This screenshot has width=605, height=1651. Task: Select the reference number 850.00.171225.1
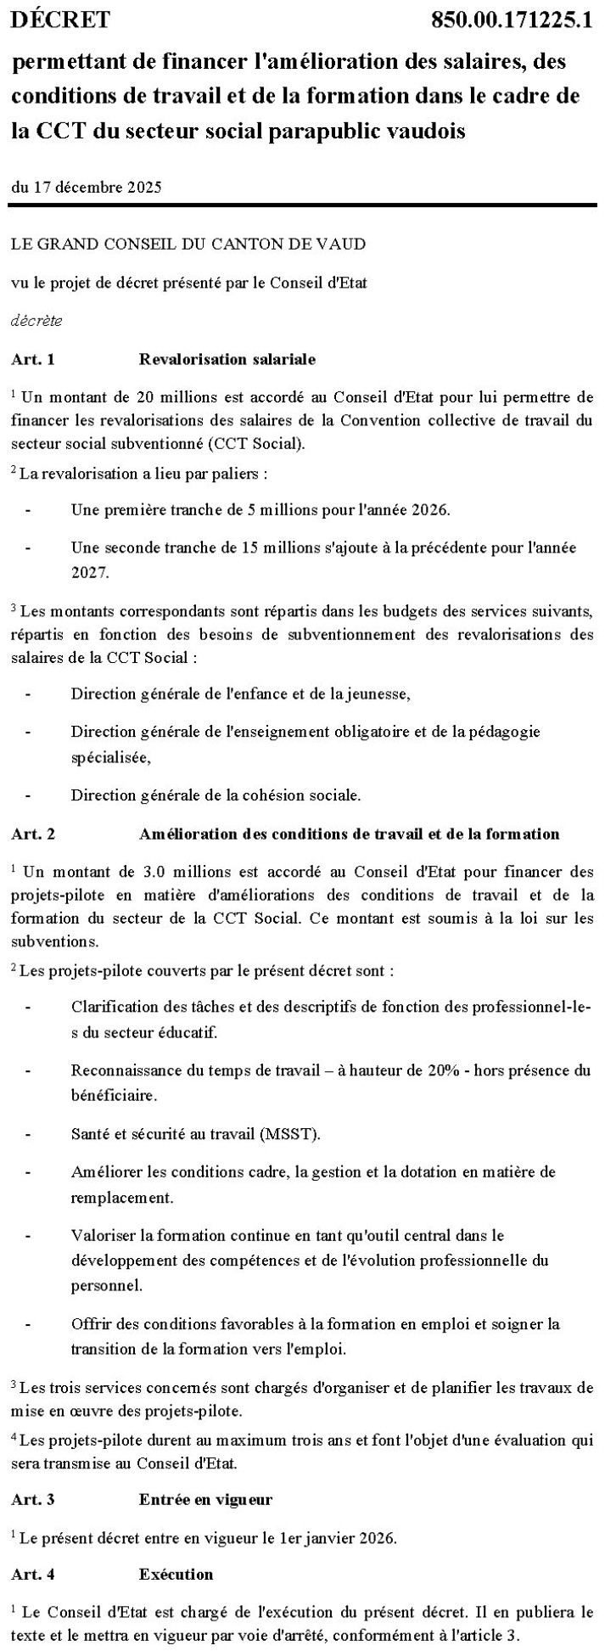pos(512,20)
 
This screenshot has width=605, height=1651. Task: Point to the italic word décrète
pos(36,321)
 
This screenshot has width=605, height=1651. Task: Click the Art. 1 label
pos(33,359)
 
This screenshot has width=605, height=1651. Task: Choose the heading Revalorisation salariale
pos(227,359)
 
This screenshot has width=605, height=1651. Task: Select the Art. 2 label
pos(33,834)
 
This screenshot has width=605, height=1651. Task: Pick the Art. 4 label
pos(33,1574)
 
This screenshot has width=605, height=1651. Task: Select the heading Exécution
pos(176,1574)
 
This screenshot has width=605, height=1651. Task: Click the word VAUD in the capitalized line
pos(344,244)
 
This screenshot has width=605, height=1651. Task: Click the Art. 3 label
pos(33,1499)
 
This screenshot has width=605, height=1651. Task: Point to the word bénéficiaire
pos(113,1096)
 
